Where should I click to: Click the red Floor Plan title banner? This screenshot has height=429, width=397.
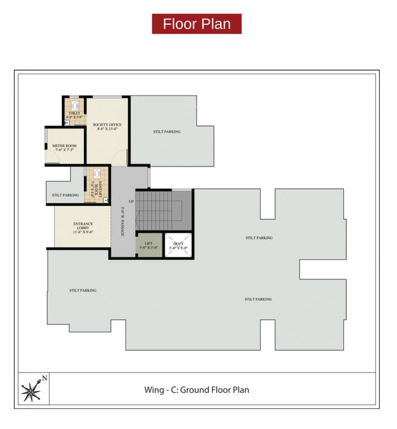point(197,24)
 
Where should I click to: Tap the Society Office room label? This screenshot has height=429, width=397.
point(107,125)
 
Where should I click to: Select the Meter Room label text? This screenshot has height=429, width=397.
point(64,146)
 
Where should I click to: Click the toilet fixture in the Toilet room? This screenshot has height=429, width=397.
point(74,104)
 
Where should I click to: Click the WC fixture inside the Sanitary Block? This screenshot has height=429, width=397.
point(97,174)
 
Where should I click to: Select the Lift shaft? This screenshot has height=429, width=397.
point(149,245)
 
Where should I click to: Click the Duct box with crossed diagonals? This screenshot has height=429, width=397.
point(179,245)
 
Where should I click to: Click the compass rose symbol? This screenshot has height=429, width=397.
point(31,389)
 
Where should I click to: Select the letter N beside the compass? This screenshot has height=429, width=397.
point(45,378)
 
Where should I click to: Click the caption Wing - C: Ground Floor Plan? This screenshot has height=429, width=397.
point(197,390)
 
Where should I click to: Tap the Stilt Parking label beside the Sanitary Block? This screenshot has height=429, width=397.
point(65,196)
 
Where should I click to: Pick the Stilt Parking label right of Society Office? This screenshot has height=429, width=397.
point(167,132)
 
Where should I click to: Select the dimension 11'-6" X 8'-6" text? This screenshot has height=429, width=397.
point(83,231)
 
